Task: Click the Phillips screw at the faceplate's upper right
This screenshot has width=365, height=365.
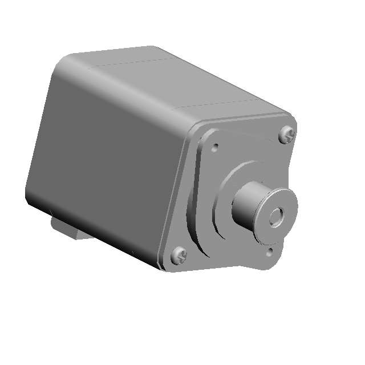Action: pos(287,135)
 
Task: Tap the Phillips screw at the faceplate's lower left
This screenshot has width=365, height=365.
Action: pos(179,255)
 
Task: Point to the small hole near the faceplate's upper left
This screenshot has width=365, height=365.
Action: pos(215,147)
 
